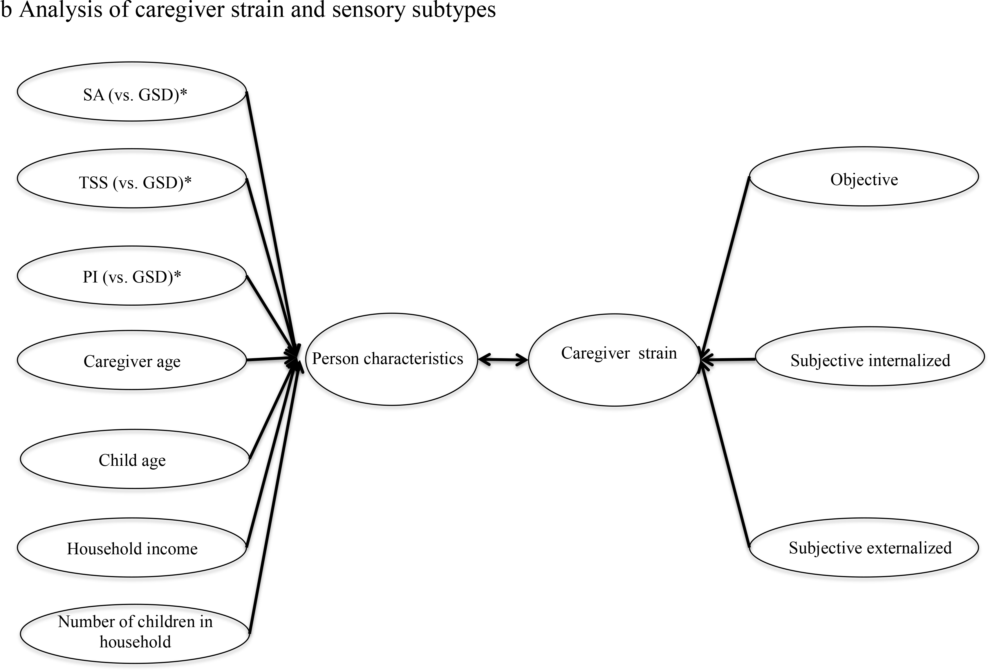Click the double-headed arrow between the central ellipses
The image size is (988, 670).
[503, 360]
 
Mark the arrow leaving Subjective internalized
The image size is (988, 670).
[728, 360]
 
